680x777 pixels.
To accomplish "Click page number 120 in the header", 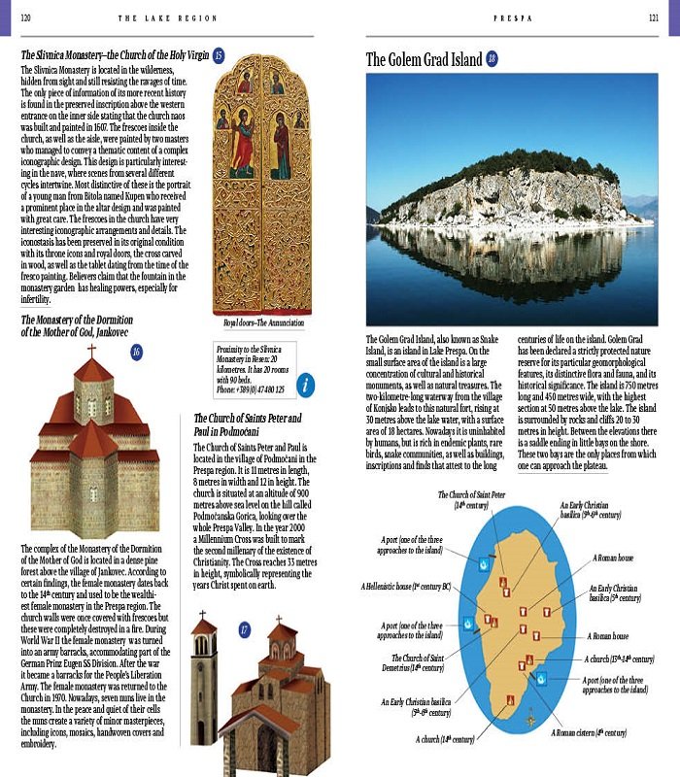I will tap(25, 17).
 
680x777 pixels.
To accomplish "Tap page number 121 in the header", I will tap(654, 17).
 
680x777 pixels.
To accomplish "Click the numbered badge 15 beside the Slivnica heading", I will tap(219, 54).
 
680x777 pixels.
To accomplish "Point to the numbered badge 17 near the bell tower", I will tap(244, 630).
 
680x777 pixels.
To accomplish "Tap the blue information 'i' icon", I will tap(306, 384).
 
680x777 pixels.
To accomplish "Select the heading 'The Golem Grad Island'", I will tap(423, 60).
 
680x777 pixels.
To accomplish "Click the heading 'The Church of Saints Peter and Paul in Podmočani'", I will tap(248, 424).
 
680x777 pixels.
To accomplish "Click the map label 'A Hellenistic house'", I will tap(406, 587).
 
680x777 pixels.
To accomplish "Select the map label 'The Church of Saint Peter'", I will tap(471, 499).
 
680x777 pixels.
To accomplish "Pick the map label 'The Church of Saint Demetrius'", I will tap(407, 663).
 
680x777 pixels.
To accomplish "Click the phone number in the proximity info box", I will tap(251, 388).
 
